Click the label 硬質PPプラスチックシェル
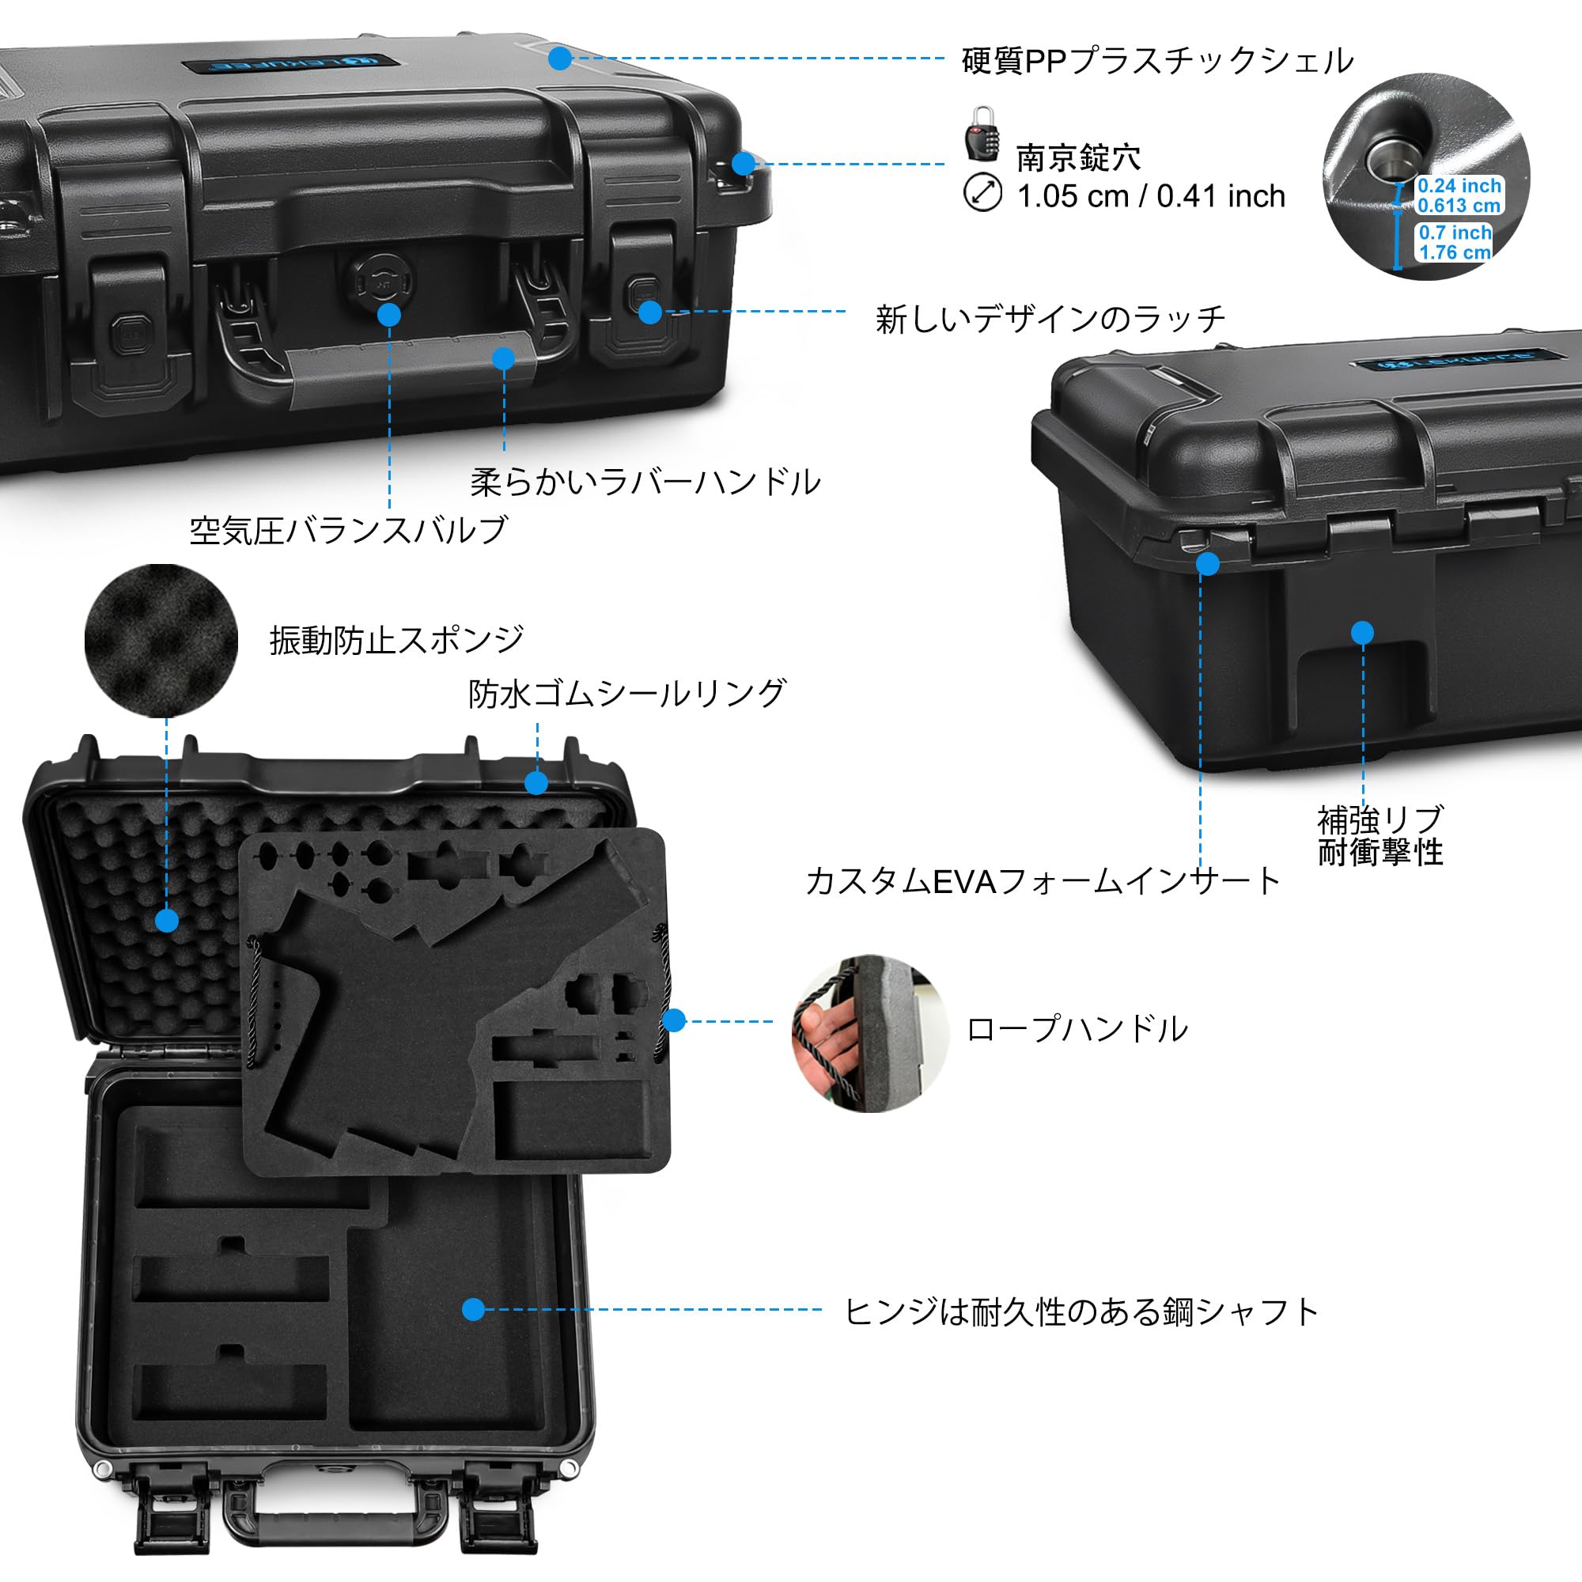pos(1157,61)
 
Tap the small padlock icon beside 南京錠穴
pos(982,134)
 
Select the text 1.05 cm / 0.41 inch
pos(1150,196)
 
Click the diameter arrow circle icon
pos(982,193)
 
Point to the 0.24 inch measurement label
pos(1459,186)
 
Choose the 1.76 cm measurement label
pos(1455,252)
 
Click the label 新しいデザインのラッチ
pos(1050,319)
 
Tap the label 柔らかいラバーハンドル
pos(645,482)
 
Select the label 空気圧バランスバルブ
pos(348,531)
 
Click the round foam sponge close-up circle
pos(161,641)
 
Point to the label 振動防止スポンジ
pos(396,639)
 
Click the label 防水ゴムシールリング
pos(626,694)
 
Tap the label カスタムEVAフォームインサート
pos(1043,881)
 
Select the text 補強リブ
pos(1380,819)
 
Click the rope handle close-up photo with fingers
pos(869,1032)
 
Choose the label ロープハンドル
pos(1077,1029)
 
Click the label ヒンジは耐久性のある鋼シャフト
pos(1081,1311)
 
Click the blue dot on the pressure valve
pos(390,315)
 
